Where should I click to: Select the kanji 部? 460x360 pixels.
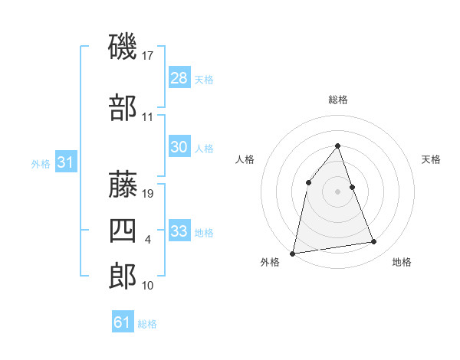tap(123, 108)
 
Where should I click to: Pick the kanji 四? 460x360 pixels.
tap(123, 231)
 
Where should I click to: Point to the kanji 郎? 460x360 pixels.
tap(123, 277)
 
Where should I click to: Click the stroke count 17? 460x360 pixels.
tap(149, 56)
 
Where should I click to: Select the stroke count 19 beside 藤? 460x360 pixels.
tap(149, 194)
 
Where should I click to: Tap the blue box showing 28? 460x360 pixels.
tap(179, 78)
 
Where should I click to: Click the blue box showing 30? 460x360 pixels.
tap(179, 148)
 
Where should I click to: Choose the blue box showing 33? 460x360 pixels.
tap(179, 231)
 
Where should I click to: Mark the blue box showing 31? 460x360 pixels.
tap(65, 162)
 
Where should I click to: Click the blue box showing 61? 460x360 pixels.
tap(122, 322)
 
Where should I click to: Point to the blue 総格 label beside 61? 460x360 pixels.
tap(147, 324)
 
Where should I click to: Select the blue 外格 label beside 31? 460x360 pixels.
tap(41, 163)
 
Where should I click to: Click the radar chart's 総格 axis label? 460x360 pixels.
tap(337, 100)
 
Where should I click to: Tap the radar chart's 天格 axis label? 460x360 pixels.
tap(432, 159)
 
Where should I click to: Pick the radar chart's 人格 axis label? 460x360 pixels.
tap(245, 159)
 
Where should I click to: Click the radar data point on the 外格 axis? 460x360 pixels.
tap(292, 253)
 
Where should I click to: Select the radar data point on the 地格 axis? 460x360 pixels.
tap(374, 242)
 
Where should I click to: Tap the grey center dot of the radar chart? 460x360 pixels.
tap(337, 191)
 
